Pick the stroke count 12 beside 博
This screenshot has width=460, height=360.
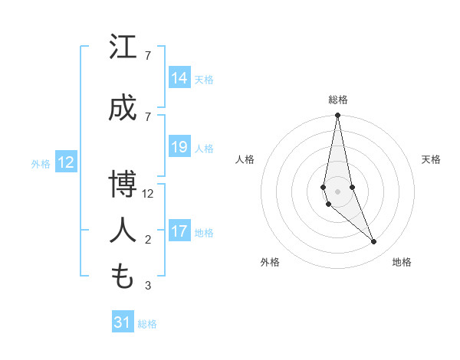tap(149, 194)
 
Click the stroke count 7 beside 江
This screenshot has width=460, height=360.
tap(147, 56)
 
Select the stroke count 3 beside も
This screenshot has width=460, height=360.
tap(147, 286)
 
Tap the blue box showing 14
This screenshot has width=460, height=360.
tap(179, 78)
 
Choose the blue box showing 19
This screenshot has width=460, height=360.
tap(179, 147)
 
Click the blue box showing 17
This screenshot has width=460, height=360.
tap(179, 231)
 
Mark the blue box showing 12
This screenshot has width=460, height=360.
tap(65, 162)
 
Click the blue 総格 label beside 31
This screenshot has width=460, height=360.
tap(147, 324)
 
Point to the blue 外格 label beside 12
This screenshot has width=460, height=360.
tap(41, 163)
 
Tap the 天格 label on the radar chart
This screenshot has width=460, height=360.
tap(431, 159)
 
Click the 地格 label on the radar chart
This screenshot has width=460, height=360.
tap(402, 262)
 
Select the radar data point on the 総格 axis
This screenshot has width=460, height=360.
tap(337, 116)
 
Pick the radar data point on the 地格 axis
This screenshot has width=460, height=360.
tap(374, 242)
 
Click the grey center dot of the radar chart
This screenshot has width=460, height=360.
tap(337, 191)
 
